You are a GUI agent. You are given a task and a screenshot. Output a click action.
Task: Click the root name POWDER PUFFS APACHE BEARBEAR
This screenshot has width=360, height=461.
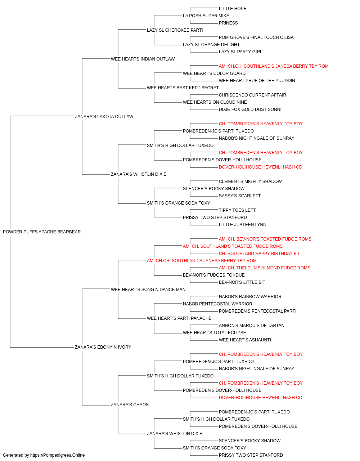click(42, 232)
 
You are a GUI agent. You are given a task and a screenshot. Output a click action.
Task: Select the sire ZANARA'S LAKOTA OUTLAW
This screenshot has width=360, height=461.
click(104, 116)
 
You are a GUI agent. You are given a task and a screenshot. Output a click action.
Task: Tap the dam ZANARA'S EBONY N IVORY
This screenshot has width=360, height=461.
click(103, 347)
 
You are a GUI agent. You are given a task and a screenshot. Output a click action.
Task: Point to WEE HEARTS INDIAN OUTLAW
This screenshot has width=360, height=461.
click(143, 59)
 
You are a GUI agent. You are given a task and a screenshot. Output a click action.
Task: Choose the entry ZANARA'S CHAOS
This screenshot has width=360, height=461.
click(130, 405)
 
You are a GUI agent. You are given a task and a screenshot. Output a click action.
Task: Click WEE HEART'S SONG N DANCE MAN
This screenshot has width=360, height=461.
click(148, 290)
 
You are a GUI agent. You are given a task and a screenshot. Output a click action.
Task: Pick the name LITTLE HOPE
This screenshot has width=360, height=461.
click(233, 9)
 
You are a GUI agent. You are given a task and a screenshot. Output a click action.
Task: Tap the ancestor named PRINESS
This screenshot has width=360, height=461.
click(228, 23)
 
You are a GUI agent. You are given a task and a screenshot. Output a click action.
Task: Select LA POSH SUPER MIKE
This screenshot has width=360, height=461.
click(206, 16)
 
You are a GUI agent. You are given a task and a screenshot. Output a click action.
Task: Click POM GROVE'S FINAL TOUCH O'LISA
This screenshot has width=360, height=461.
click(256, 37)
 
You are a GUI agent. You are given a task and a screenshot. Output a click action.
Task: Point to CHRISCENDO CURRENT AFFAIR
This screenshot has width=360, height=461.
click(252, 95)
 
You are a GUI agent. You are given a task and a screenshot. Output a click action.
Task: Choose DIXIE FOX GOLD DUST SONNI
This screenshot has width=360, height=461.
click(250, 109)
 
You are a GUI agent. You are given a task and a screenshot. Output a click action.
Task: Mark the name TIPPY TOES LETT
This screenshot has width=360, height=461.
click(237, 210)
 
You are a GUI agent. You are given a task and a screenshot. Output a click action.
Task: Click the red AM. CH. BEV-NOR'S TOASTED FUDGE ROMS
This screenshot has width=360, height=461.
click(265, 239)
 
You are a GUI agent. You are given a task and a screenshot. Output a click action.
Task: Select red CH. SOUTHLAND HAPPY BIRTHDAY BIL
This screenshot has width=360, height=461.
click(259, 254)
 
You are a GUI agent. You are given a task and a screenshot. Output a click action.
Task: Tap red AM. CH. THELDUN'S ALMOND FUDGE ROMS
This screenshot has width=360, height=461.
click(264, 268)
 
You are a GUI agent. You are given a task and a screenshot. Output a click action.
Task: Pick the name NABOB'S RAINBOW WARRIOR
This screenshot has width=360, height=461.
click(250, 297)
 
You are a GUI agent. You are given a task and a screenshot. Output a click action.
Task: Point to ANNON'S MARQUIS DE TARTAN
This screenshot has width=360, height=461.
click(251, 326)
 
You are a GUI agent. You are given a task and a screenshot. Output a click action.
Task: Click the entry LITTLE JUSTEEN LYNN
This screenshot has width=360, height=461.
click(242, 225)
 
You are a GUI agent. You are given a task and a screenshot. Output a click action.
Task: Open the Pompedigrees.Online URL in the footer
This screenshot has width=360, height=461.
click(57, 455)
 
